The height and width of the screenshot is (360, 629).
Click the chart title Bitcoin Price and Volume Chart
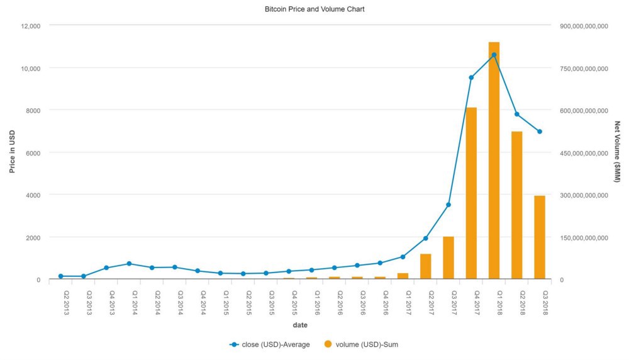click(314, 9)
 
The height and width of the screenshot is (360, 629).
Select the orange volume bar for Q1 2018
click(494, 160)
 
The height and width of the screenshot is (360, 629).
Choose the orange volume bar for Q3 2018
click(539, 237)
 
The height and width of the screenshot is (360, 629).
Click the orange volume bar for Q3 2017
click(448, 258)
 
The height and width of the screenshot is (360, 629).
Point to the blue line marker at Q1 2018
click(494, 55)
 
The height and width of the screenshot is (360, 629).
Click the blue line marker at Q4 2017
click(471, 77)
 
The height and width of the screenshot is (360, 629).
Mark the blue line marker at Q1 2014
click(129, 264)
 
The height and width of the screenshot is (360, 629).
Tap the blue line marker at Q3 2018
click(539, 132)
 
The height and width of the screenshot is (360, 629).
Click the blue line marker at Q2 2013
click(61, 276)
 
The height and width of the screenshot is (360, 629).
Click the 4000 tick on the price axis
click(33, 195)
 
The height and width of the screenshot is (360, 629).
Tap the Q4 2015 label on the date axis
click(294, 301)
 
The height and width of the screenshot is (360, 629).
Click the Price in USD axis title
click(12, 151)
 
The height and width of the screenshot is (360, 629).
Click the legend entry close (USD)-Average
click(270, 344)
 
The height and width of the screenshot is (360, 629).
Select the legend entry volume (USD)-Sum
click(361, 344)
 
